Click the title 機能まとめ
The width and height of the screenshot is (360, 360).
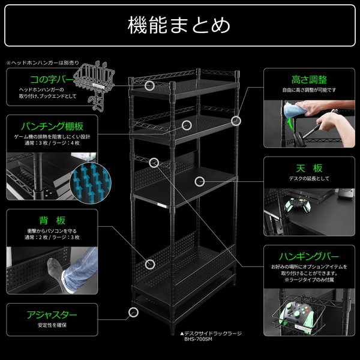[179, 25]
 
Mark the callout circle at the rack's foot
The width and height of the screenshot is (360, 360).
[133, 312]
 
